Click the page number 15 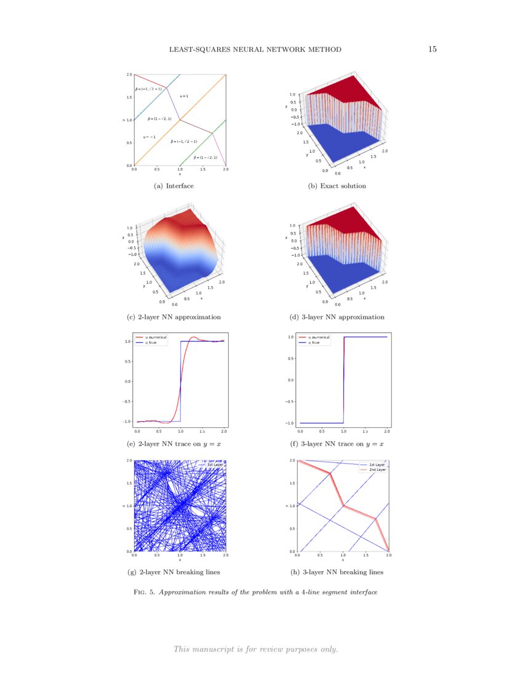[432, 49]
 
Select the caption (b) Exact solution [337, 186]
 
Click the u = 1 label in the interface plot [184, 96]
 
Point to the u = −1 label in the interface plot [150, 137]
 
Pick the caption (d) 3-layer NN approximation [337, 317]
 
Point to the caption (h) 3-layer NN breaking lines [337, 572]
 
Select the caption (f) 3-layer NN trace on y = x [337, 444]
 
